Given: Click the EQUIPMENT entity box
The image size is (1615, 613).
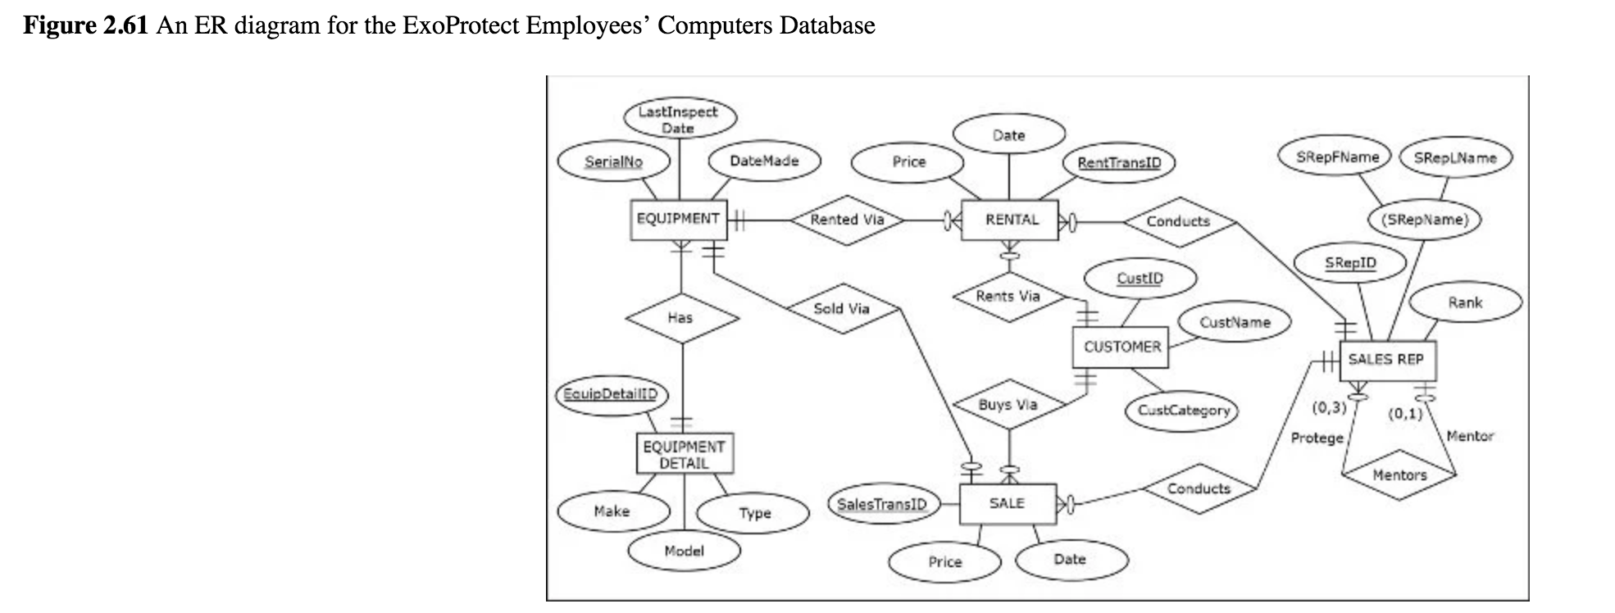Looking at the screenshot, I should (x=678, y=219).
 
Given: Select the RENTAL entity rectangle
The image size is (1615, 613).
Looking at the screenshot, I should (x=1011, y=220).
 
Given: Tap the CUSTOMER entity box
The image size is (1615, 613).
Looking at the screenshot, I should (x=1121, y=347).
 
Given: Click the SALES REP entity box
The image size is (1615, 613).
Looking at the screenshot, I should (x=1386, y=360).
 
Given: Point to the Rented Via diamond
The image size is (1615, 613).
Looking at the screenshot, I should (x=847, y=220).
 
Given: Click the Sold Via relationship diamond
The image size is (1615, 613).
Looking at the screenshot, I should (x=842, y=309).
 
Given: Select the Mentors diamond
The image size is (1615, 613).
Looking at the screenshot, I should (x=1399, y=475).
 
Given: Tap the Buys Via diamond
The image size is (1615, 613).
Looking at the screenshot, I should (x=1008, y=405).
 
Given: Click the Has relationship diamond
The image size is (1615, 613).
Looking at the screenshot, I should (x=680, y=318).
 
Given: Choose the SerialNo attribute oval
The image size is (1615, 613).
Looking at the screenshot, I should (x=613, y=161).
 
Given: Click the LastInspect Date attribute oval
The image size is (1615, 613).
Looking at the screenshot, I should (x=679, y=120).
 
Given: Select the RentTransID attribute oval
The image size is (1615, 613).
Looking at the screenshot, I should (x=1119, y=162).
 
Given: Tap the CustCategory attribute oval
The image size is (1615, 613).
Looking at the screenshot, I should (x=1183, y=410).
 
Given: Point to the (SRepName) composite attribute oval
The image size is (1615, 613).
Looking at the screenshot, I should (x=1425, y=220).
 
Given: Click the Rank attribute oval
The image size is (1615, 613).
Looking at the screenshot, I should (x=1464, y=302).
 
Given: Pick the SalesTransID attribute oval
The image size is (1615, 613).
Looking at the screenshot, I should (x=882, y=504).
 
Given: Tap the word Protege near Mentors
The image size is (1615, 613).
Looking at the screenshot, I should (x=1317, y=438).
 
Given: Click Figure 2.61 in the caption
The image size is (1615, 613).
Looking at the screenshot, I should (x=85, y=25).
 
